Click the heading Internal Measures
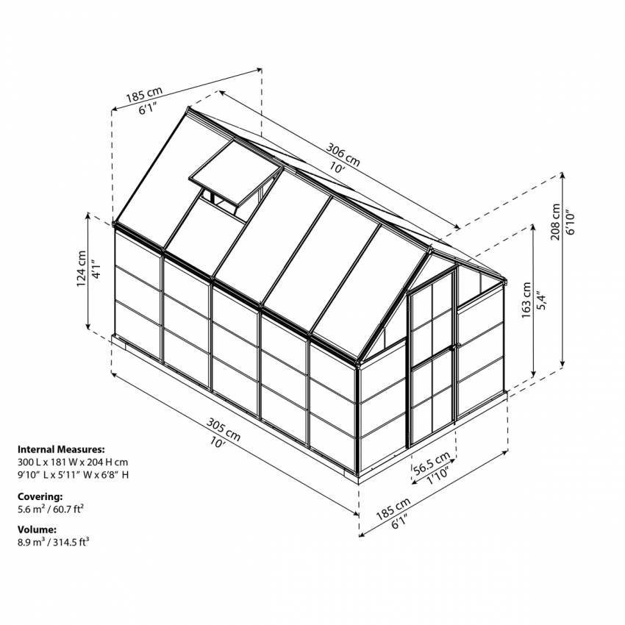click(61, 449)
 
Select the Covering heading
click(40, 496)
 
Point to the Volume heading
click(37, 529)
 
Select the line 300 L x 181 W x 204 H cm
click(73, 462)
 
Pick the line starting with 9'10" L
click(74, 475)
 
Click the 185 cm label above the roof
click(144, 96)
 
